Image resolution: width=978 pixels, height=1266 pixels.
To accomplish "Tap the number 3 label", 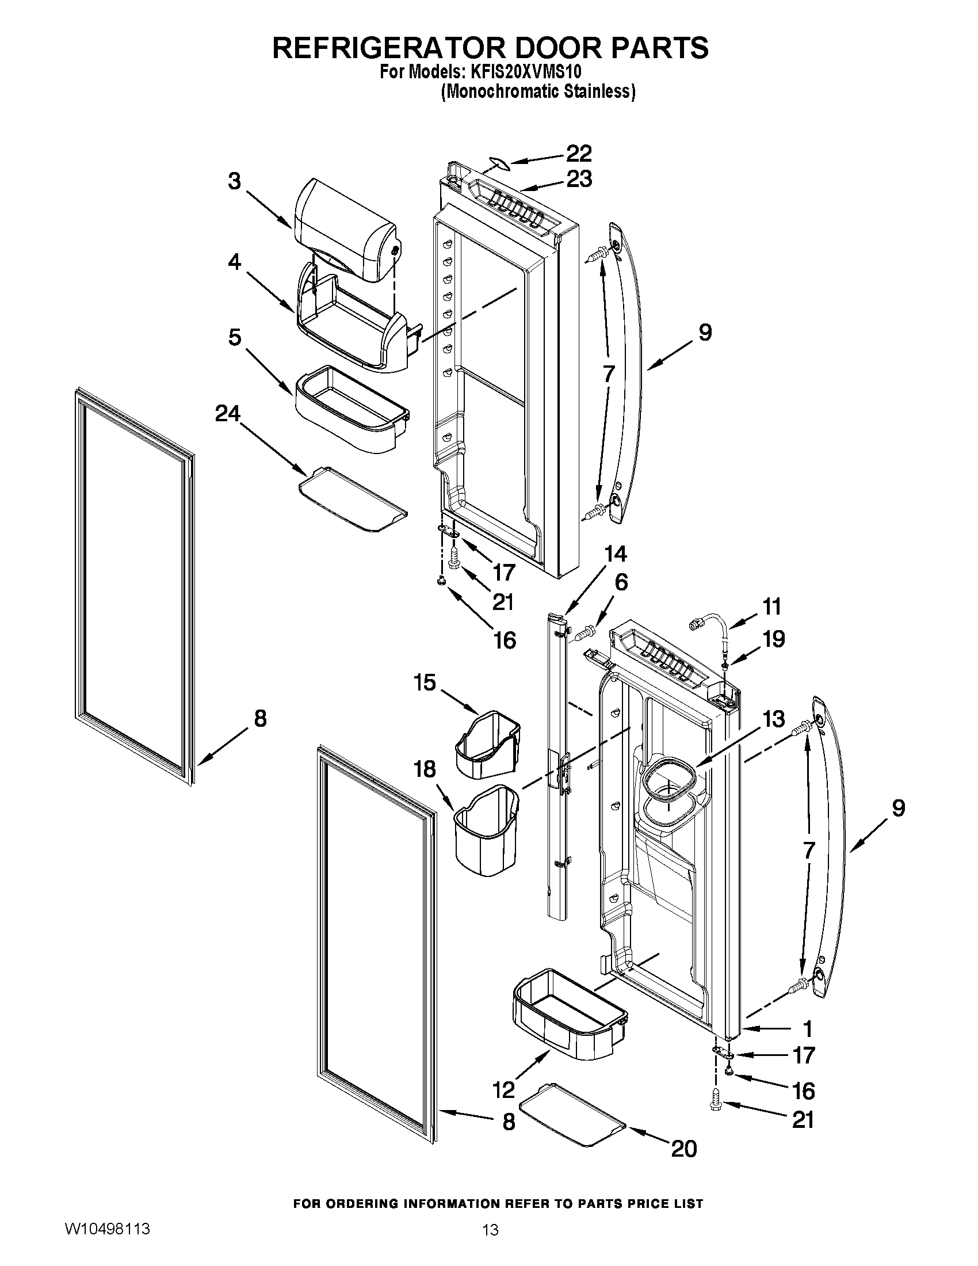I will point(234,181).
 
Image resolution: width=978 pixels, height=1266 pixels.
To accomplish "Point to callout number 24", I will point(227,413).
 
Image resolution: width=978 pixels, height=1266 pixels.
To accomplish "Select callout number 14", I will point(615,554).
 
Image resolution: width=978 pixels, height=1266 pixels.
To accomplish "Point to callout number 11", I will point(771,607).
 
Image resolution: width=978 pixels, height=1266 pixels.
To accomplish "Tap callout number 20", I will point(683,1148).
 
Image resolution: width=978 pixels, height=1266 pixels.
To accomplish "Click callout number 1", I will point(807,1029).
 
